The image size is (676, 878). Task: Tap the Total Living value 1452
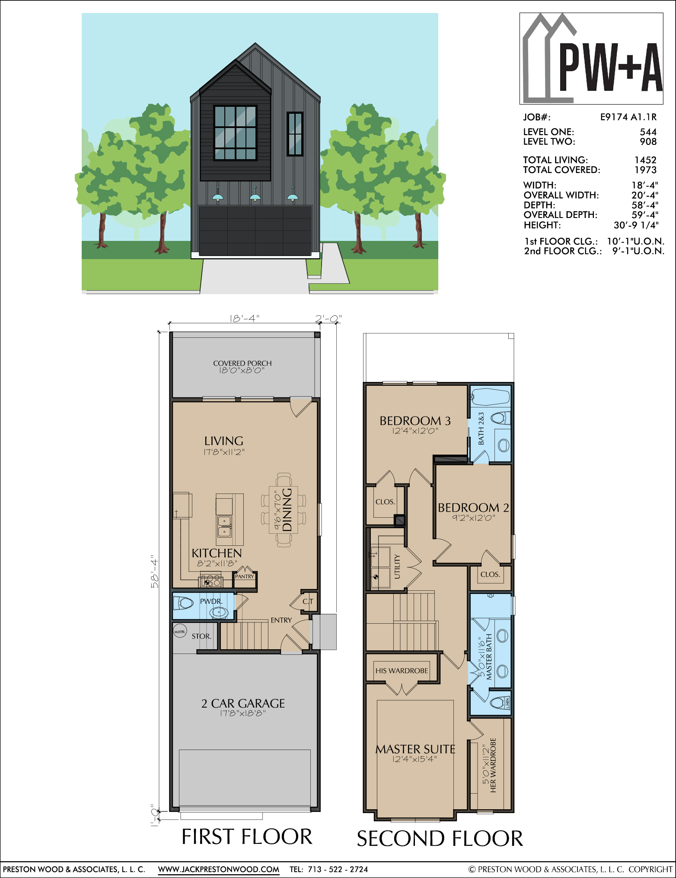pos(645,160)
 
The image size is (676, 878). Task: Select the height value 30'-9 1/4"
pos(636,225)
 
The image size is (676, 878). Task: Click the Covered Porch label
pos(242,363)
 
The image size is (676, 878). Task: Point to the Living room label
pos(224,441)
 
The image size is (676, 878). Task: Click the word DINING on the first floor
pos(287,509)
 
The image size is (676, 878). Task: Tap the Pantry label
pos(245,577)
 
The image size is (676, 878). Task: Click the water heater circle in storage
pos(179,632)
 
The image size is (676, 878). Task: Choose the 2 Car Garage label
pos(243,704)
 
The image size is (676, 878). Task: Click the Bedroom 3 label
pos(415,421)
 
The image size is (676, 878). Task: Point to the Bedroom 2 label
pos(473,508)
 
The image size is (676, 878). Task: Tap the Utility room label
pos(397,567)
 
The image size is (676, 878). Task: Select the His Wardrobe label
pos(402,671)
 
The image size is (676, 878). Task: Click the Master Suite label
pos(415,750)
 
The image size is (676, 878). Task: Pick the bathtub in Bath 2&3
pos(491,397)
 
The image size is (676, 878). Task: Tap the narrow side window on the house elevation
pos(295,134)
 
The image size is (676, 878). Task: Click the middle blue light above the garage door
pos(255,195)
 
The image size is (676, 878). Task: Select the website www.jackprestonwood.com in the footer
pos(218,869)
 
